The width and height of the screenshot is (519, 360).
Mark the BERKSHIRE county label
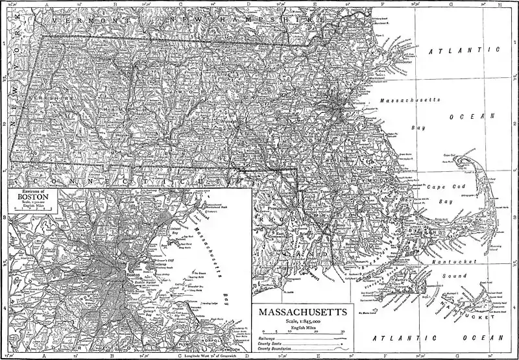(45, 97)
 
